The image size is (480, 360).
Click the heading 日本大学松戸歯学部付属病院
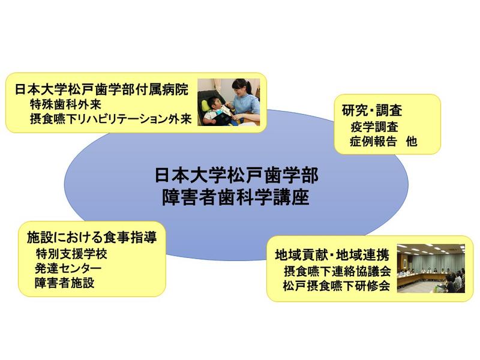pos(101,89)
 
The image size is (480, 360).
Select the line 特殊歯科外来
pos(65,104)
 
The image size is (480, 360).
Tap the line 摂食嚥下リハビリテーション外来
pos(111,119)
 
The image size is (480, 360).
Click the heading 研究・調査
pos(371,110)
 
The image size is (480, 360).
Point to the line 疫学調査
pos(374,127)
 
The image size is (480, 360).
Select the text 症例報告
pos(373,141)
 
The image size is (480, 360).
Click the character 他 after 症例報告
pos(412,141)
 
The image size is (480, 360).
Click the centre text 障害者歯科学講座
pos(235,197)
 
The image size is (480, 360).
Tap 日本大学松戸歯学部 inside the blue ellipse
pos(236,175)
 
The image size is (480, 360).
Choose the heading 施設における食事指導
pos(92,237)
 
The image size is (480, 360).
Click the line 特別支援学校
pos(71,253)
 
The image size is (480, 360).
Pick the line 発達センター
pos(68,268)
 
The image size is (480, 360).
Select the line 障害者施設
pos(65,283)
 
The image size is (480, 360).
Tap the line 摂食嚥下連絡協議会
pos(337,271)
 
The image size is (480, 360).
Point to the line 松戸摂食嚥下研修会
pos(337,286)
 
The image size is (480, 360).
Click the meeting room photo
pos(431,268)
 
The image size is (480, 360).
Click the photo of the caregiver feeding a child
pos(229,102)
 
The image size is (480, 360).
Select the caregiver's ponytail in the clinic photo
pos(250,87)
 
